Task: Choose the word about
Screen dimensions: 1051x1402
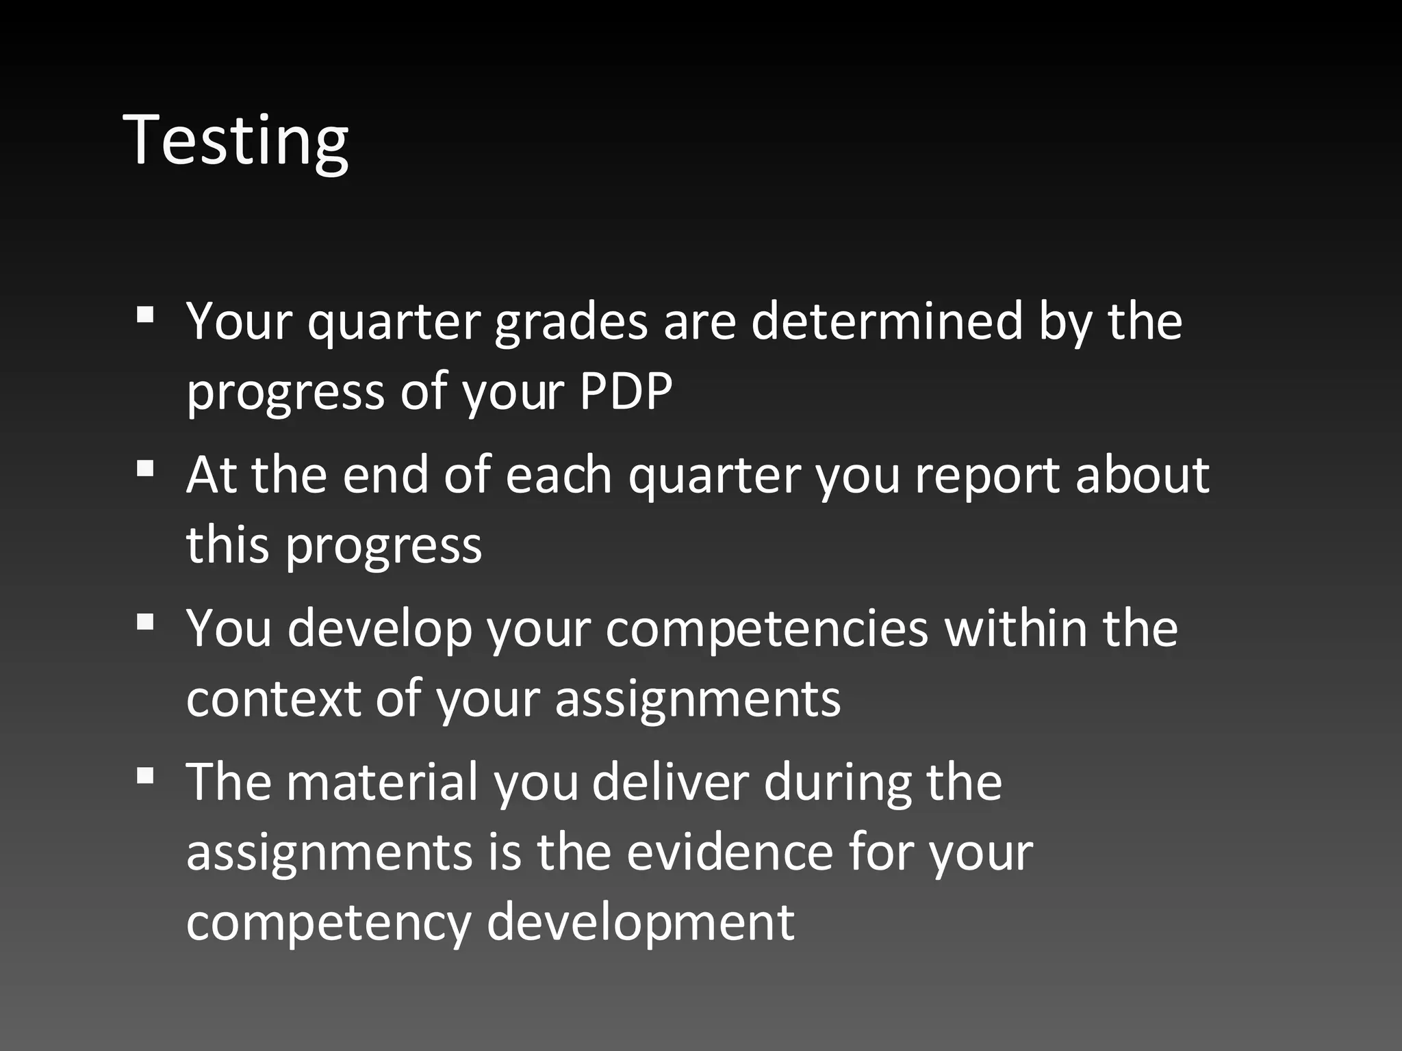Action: click(1142, 474)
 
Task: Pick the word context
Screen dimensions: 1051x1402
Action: click(272, 699)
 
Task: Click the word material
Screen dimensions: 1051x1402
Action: click(381, 781)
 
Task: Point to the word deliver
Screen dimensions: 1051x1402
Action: click(670, 781)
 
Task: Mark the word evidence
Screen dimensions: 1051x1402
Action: click(730, 852)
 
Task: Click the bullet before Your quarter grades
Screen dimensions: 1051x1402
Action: click(144, 315)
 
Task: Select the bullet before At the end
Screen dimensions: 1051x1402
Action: click(144, 469)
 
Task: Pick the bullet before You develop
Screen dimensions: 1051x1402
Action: click(144, 623)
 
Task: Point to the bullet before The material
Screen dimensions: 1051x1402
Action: click(144, 776)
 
